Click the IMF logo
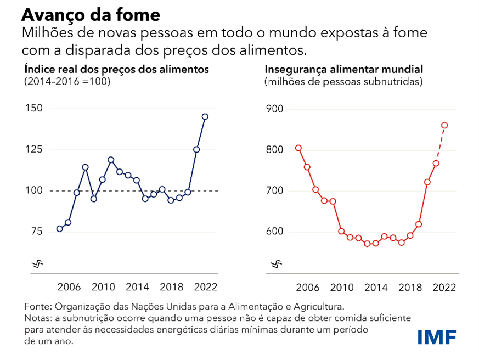point(436,337)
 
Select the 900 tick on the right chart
point(274,109)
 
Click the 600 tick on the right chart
point(274,232)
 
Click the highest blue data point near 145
point(205,116)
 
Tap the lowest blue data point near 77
point(60,229)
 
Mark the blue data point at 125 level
point(196,149)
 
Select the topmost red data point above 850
point(444,125)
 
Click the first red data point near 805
point(298,148)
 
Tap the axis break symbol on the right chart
point(277,264)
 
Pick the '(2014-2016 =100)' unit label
point(67,82)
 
